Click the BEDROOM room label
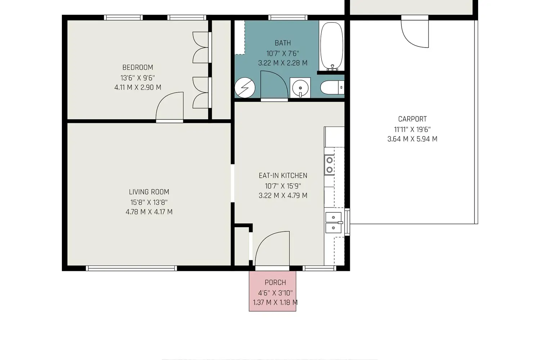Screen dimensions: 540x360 point(138,67)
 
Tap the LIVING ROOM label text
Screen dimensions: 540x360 point(149,192)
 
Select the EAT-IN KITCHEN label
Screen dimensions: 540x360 point(283,176)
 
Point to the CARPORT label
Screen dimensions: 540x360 point(413,119)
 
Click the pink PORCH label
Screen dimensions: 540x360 point(275,282)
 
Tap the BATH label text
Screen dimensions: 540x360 point(283,43)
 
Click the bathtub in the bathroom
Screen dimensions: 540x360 point(332,46)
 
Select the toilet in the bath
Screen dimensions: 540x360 point(332,87)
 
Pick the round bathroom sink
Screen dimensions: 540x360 point(300,88)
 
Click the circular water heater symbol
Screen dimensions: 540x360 point(245,87)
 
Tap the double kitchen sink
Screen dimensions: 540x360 point(334,222)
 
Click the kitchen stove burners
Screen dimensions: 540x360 point(329,165)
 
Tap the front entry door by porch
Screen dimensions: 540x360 point(273,248)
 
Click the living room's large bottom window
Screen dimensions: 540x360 point(131,268)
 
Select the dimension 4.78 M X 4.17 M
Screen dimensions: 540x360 point(149,212)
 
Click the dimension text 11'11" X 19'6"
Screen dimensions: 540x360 point(413,130)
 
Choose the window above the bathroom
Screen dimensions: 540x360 point(288,17)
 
